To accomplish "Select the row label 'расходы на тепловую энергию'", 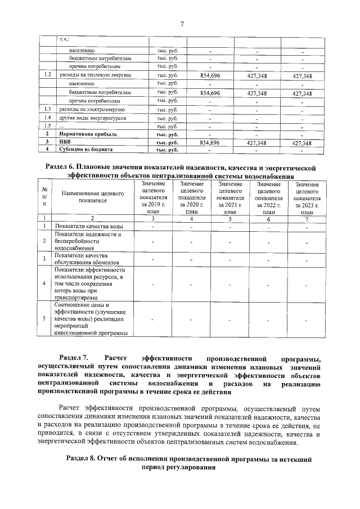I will pyautogui.click(x=96, y=75).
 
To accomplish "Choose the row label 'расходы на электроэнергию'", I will pyautogui.click(x=91, y=110).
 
